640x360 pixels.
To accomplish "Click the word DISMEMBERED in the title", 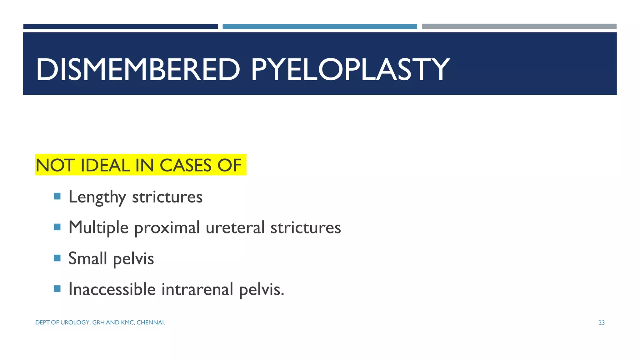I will (x=138, y=70).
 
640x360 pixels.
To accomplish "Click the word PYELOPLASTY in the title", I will (x=350, y=70).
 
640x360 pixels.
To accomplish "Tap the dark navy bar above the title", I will (x=120, y=27).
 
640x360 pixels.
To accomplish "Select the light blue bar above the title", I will (x=320, y=27).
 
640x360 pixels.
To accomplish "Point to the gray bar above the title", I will (x=519, y=27).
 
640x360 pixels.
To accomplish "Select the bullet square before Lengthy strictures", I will (x=57, y=196).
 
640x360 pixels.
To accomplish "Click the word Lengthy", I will (x=97, y=197).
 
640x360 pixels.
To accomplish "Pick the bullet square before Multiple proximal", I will (x=57, y=227).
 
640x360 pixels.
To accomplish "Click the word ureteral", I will (x=235, y=227).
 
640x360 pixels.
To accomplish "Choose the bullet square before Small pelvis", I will (x=57, y=258).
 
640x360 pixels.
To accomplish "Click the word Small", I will (x=87, y=258).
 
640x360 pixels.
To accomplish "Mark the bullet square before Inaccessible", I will (x=57, y=288).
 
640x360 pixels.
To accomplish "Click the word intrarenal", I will (x=197, y=289).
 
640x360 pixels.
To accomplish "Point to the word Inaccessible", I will (x=112, y=289).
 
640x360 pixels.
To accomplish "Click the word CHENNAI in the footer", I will (x=151, y=322).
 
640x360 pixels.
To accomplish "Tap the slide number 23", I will (x=602, y=323).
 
